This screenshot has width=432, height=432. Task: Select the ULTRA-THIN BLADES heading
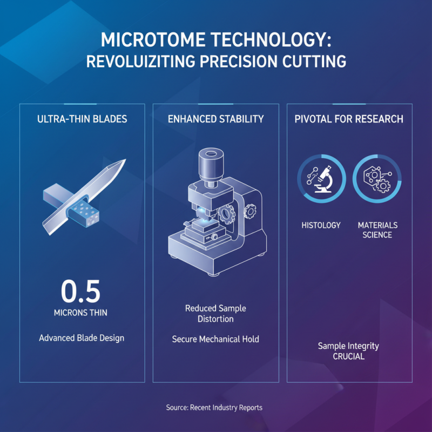[x=82, y=119]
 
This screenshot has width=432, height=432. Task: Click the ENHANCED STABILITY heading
[x=216, y=119]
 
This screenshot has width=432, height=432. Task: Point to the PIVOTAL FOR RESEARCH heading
[x=349, y=119]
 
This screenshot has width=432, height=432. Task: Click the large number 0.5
[x=81, y=292]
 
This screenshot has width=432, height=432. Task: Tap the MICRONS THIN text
[x=81, y=313]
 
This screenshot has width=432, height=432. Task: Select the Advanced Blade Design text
[x=82, y=338]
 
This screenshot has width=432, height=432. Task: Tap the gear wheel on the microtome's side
[x=249, y=211]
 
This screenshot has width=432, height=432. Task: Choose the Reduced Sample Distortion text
[x=215, y=314]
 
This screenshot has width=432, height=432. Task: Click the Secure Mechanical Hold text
[x=215, y=339]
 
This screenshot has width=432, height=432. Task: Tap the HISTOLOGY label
[x=321, y=225]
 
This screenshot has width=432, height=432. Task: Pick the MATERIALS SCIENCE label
[x=377, y=230]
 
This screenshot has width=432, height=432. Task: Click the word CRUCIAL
[x=348, y=356]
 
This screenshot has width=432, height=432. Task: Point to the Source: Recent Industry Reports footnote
[x=214, y=408]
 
